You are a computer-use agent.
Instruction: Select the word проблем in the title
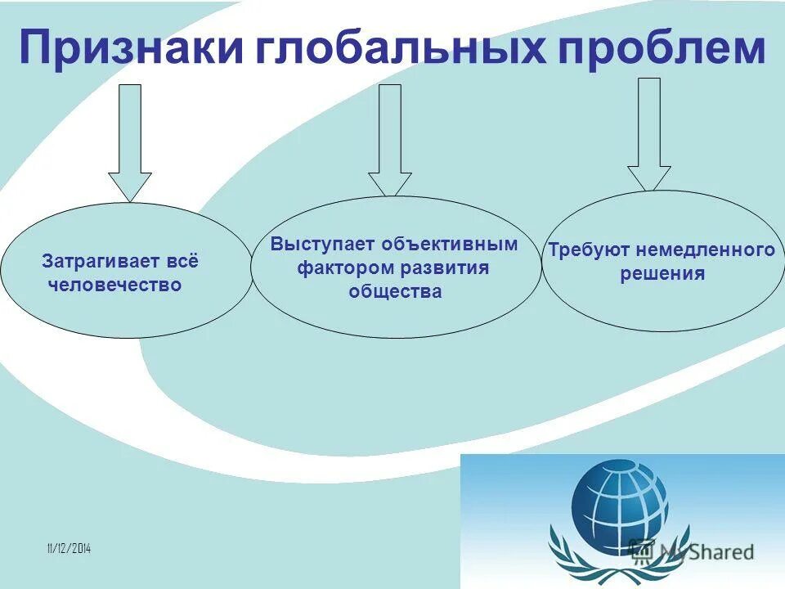pyautogui.click(x=661, y=49)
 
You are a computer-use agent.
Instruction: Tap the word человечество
pyautogui.click(x=114, y=286)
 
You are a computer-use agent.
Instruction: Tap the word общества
pyautogui.click(x=395, y=291)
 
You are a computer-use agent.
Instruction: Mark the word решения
pyautogui.click(x=662, y=273)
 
